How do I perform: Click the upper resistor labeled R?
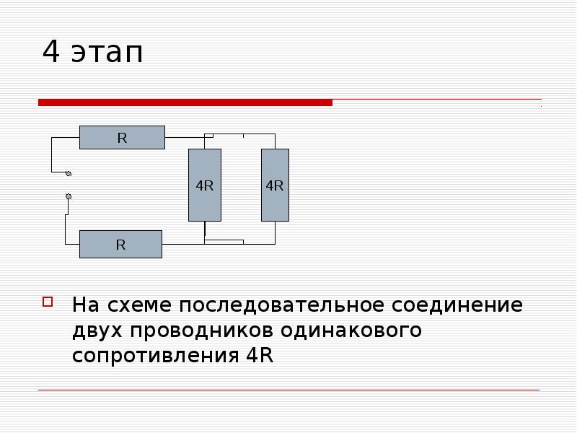coord(122,137)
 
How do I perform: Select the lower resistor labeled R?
coord(120,244)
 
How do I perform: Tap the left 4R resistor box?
coord(205,185)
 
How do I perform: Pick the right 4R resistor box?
coord(275,185)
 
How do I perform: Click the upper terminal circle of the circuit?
coord(69,173)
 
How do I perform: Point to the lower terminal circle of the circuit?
coord(69,196)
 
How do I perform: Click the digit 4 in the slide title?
coord(50,51)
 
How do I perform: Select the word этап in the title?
coord(107,53)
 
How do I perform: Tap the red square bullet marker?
coord(48,302)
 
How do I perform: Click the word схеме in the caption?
coord(139,305)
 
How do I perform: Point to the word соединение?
coord(457,305)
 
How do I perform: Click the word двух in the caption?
coord(97,331)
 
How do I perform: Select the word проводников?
coord(202,331)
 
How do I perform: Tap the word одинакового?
coord(351,331)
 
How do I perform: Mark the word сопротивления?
coord(156,356)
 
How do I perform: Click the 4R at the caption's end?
coord(260,355)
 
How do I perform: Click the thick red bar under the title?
coord(185,102)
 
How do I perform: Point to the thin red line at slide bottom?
coord(289,390)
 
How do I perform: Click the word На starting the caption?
coord(86,305)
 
